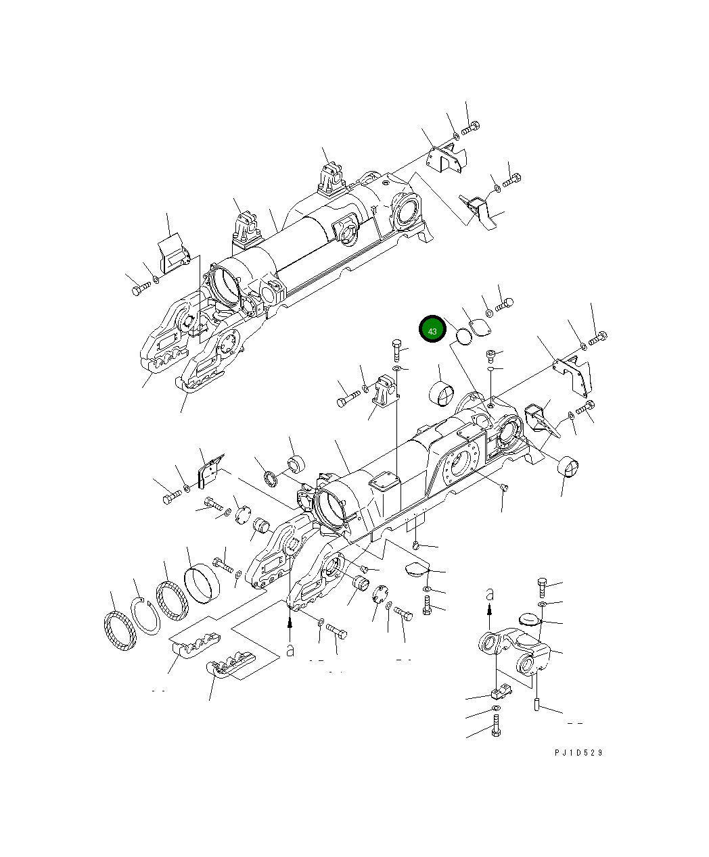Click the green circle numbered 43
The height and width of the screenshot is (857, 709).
point(432,330)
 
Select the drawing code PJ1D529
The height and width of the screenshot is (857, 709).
point(578,753)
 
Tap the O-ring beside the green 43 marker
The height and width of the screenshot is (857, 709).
point(463,336)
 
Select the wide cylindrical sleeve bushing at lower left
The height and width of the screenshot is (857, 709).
point(202,584)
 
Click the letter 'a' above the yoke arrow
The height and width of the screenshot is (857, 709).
point(490,595)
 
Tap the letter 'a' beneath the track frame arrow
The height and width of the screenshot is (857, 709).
point(290,650)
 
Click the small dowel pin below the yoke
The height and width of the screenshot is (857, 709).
point(536,706)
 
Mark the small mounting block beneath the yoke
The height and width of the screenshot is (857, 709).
point(497,693)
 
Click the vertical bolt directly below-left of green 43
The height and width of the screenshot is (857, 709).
point(396,352)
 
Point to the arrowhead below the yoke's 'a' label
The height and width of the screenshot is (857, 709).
point(490,609)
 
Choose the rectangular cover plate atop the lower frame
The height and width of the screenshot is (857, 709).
point(384,483)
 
